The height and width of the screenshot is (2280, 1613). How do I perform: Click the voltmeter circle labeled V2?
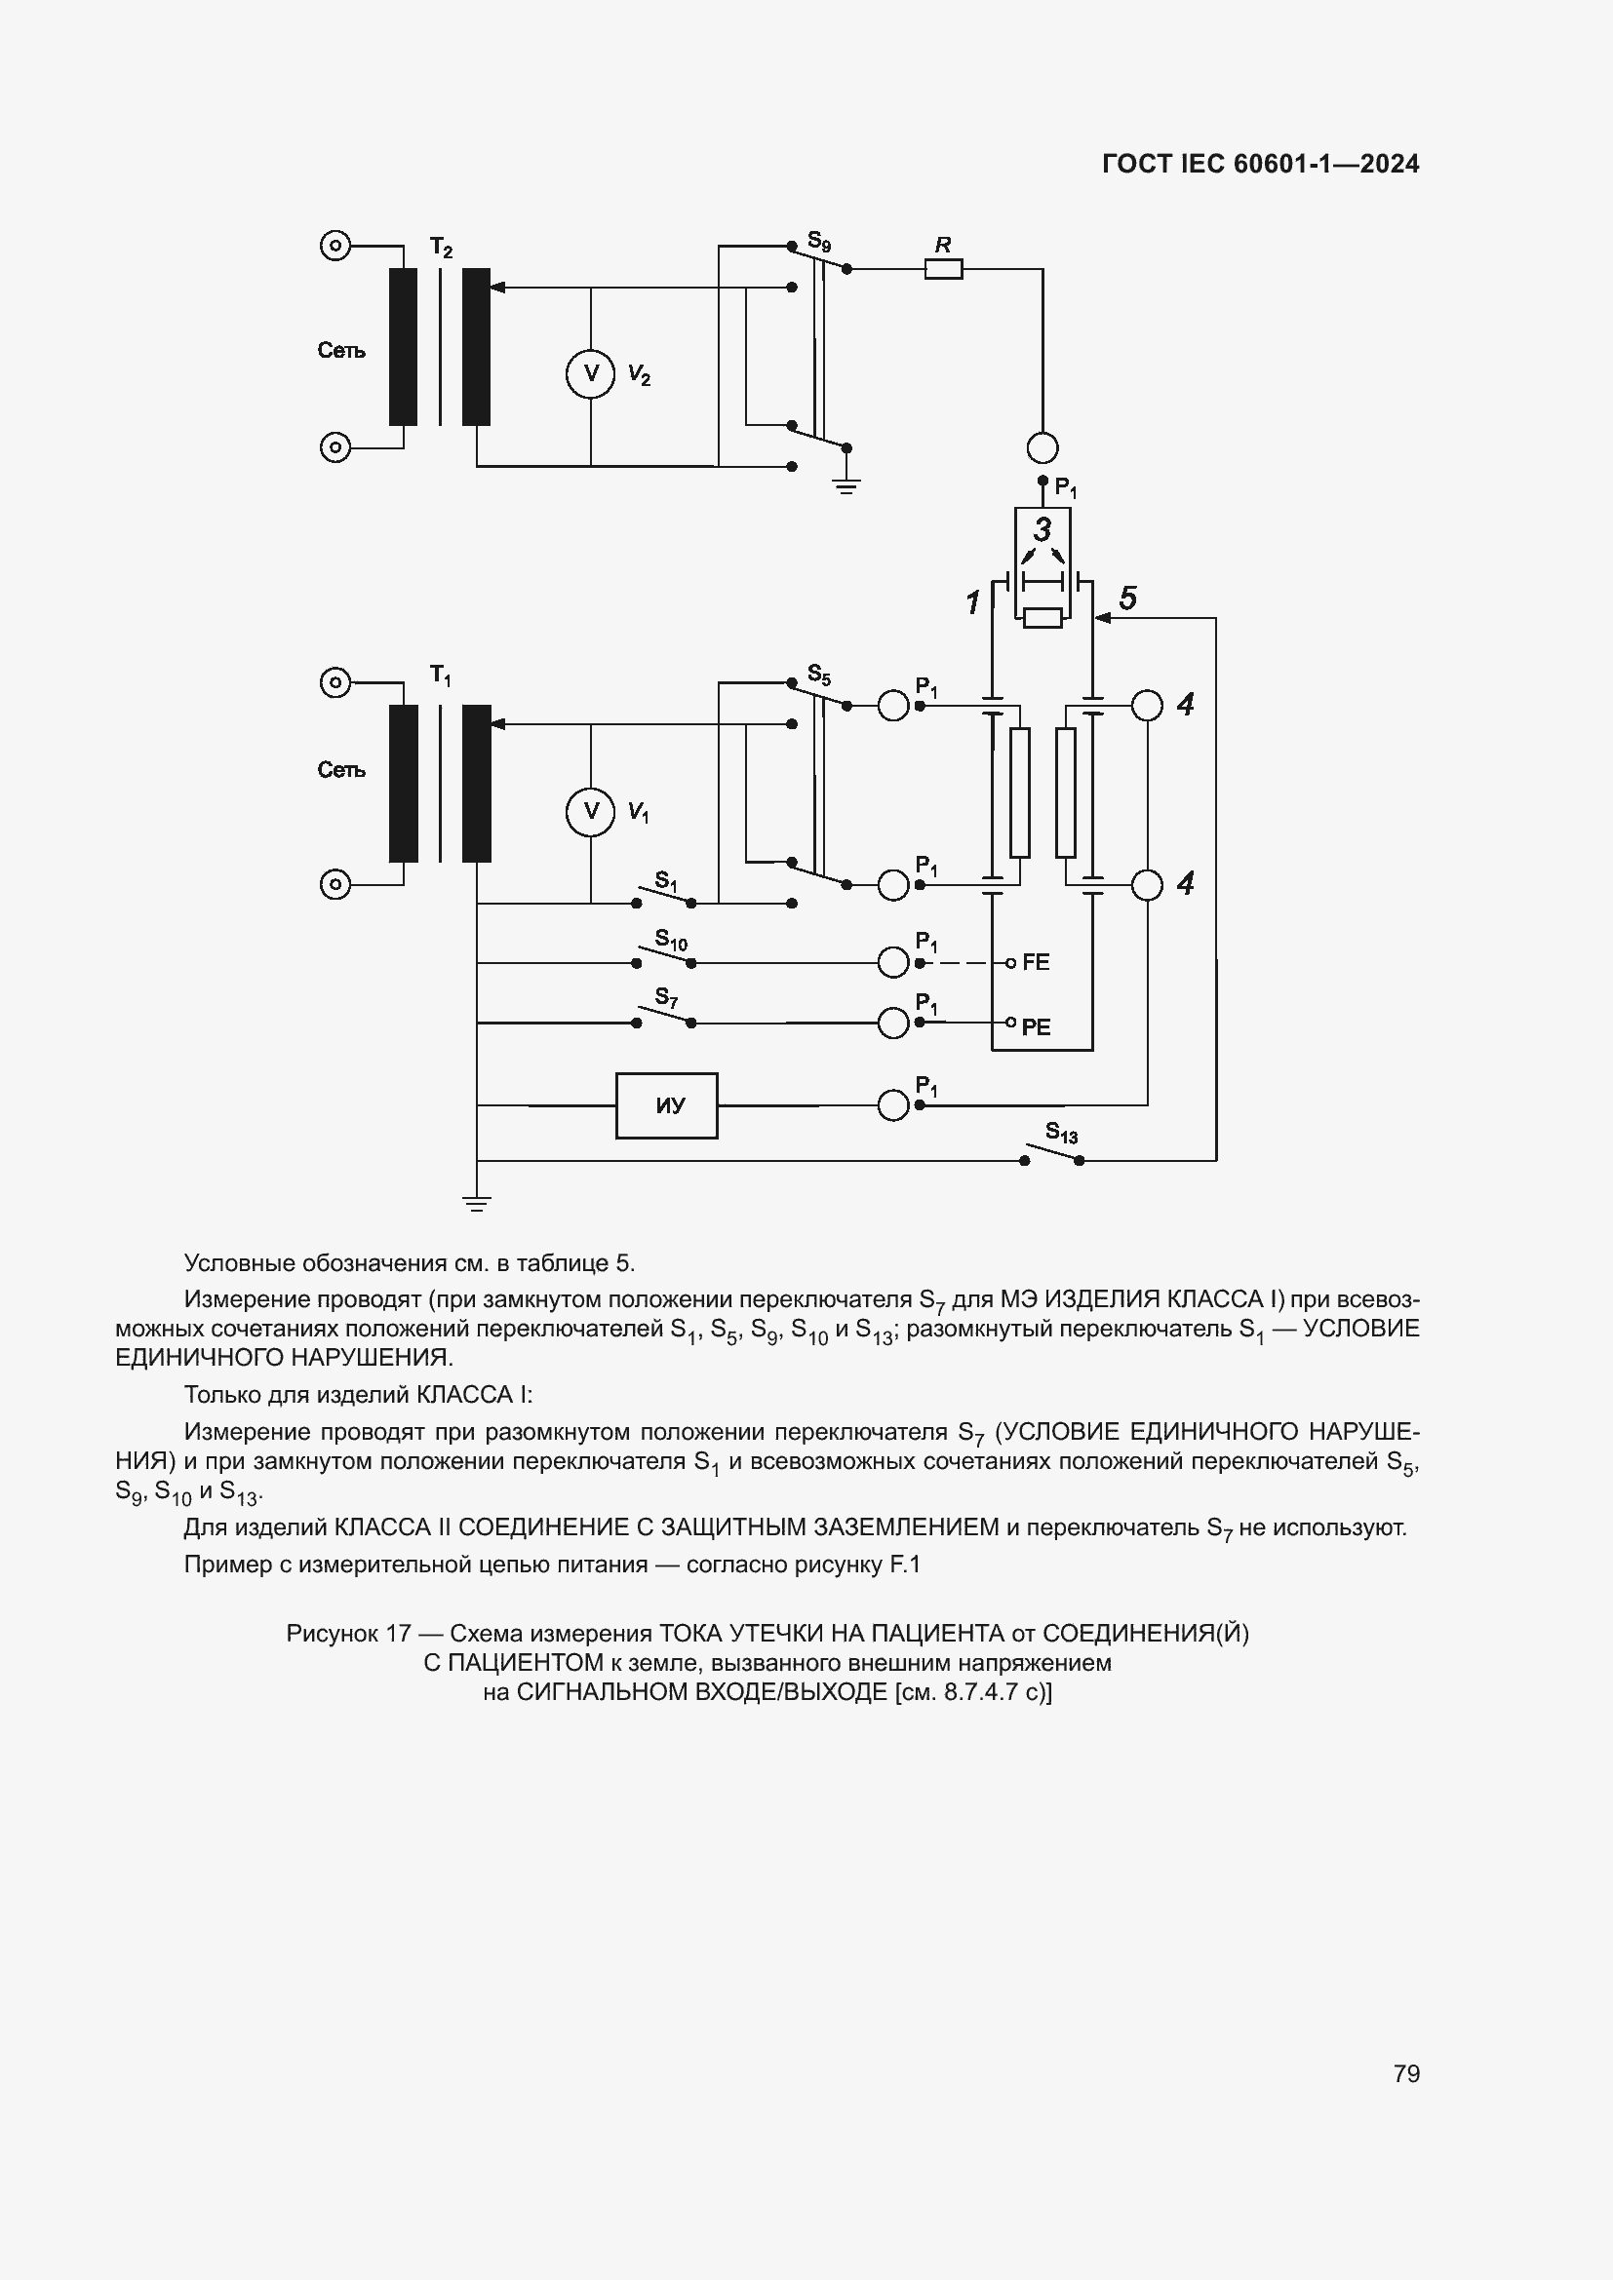pos(591,374)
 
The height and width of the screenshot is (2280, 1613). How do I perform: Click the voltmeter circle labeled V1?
pos(591,812)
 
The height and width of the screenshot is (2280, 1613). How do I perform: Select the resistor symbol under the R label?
pos(944,268)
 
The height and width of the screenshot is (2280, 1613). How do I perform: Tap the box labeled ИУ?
pos(666,1105)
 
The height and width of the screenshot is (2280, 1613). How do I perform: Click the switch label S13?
pos(1061,1133)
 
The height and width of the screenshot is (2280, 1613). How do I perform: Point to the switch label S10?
pos(670,939)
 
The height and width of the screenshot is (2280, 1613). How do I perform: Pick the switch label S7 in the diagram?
pos(665,996)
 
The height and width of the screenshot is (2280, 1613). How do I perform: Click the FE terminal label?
pos(1035,962)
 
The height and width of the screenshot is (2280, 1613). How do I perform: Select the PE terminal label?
pos(1035,1027)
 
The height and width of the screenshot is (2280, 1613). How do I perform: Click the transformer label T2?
pos(441,248)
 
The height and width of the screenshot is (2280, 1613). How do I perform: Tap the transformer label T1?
pos(441,676)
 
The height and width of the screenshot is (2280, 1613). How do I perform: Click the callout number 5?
pos(1127,599)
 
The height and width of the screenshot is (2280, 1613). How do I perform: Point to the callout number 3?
pos(1042,528)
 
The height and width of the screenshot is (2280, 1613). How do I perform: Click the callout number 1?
pos(972,602)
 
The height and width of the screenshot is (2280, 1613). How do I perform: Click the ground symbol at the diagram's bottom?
pos(477,1205)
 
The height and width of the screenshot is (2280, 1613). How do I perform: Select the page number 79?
pos(1406,2073)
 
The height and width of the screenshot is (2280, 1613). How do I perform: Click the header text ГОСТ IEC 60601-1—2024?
pos(1260,164)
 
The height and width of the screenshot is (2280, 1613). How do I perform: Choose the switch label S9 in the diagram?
pos(818,241)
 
